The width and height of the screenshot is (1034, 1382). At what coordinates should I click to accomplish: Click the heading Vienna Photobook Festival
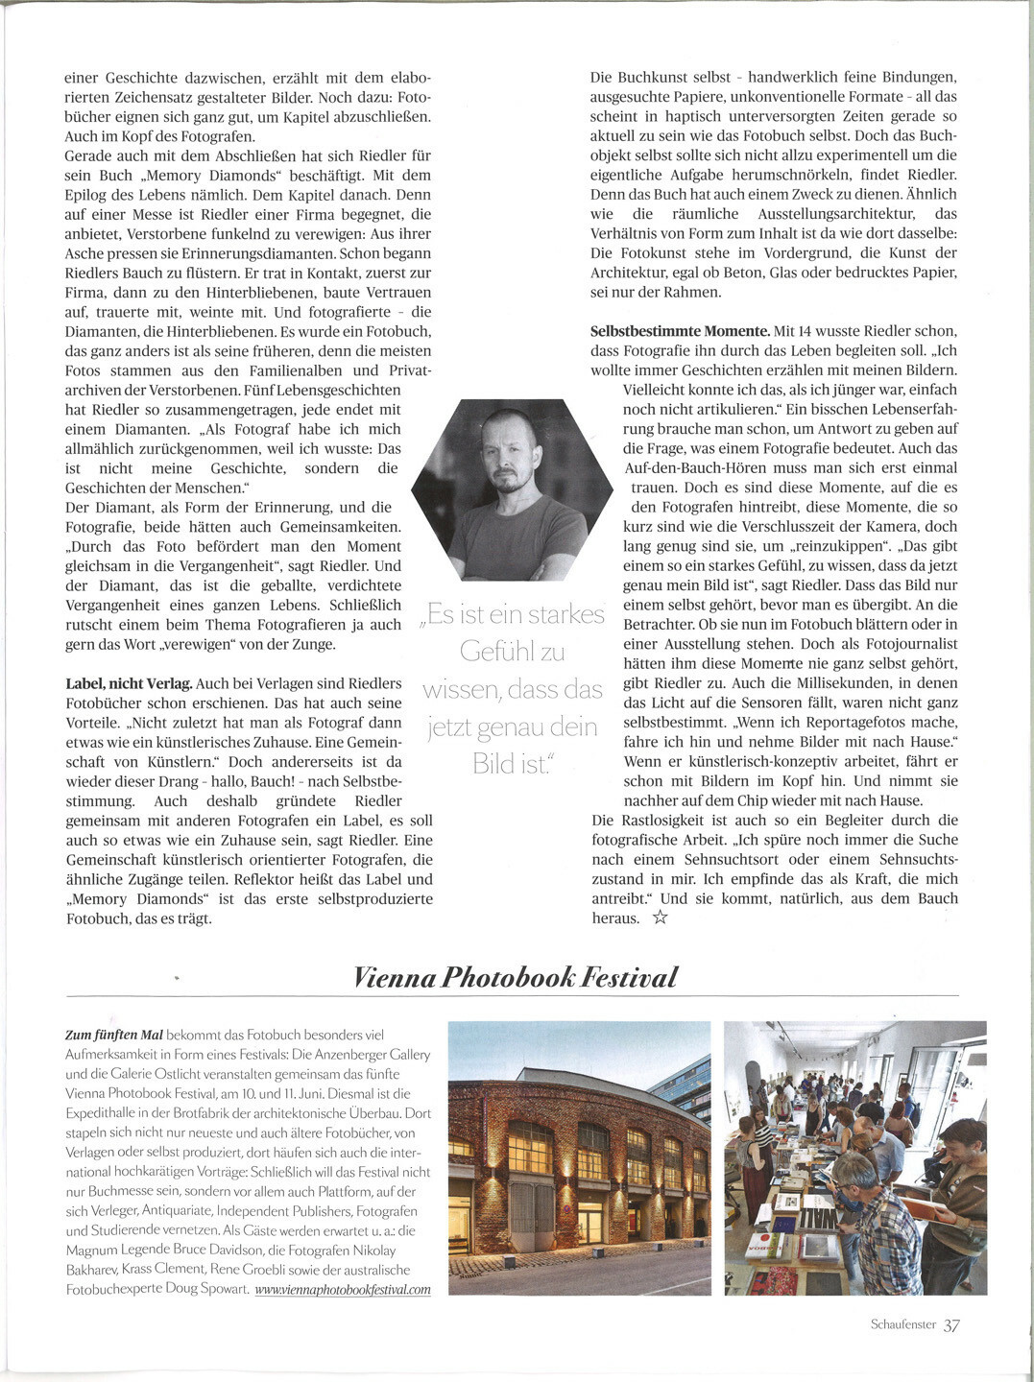tap(516, 977)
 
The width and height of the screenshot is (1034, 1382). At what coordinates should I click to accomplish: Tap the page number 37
tap(950, 1325)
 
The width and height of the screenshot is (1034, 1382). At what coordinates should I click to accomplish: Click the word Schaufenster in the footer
tap(902, 1324)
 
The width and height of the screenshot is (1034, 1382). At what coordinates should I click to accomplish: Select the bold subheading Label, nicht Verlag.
tap(128, 683)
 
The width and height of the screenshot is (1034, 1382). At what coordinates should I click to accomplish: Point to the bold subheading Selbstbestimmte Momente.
tap(680, 331)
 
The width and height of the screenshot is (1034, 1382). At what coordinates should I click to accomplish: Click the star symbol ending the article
tap(660, 918)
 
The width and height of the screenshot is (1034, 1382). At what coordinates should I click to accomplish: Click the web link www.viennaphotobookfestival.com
tap(343, 1289)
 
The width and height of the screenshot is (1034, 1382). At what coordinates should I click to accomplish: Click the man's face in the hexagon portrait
tap(510, 460)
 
